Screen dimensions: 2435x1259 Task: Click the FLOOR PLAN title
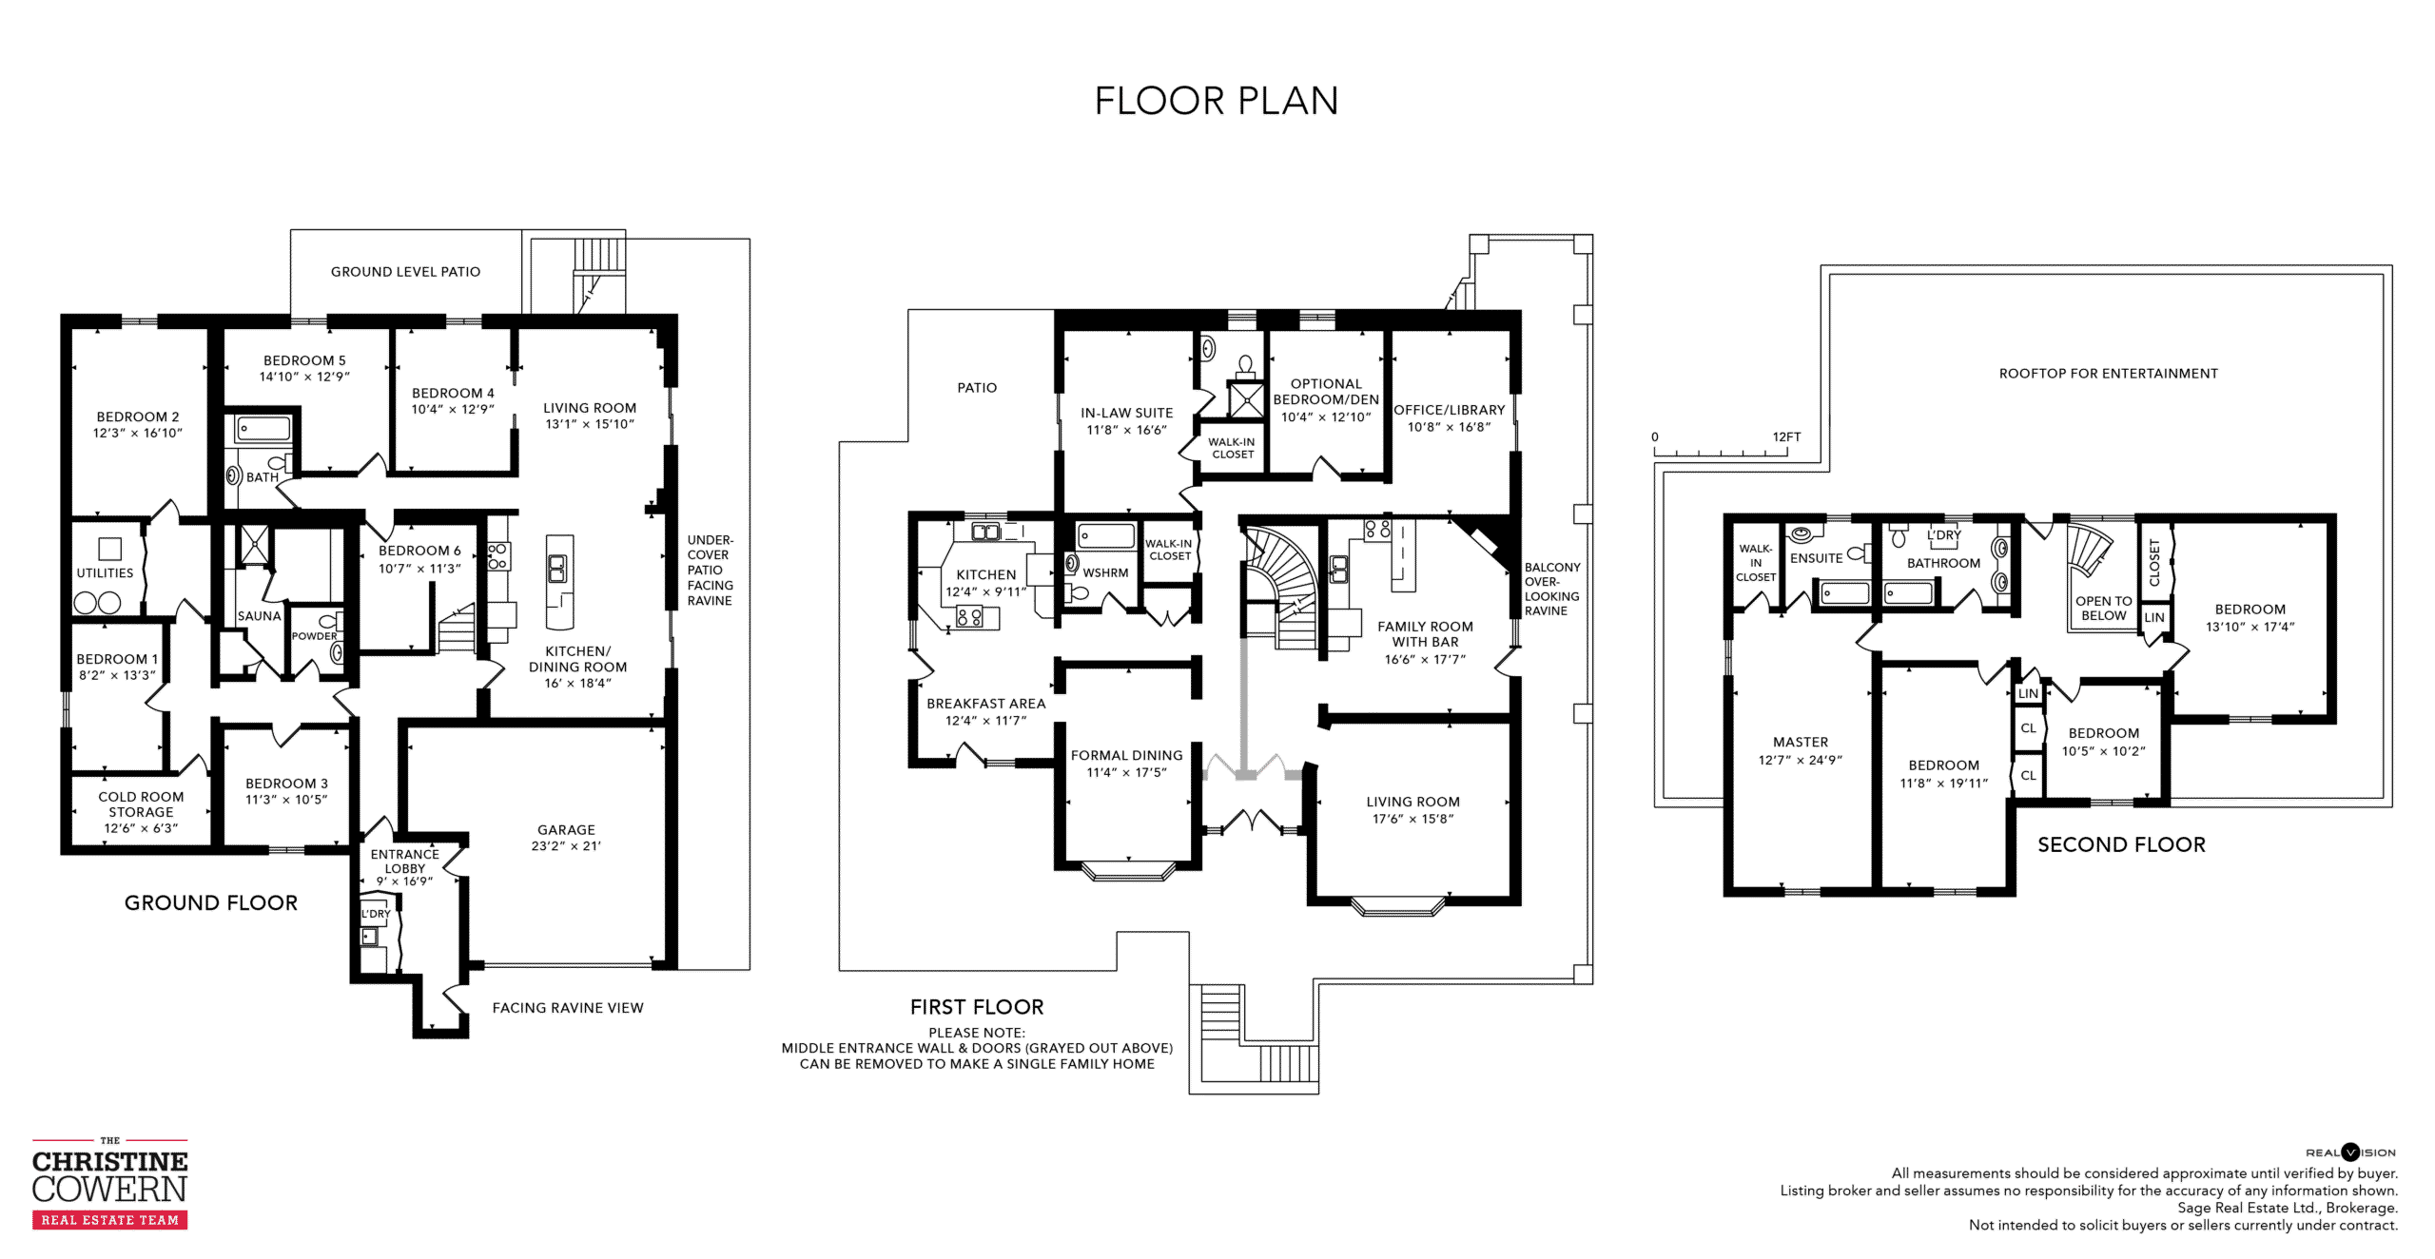(x=1217, y=101)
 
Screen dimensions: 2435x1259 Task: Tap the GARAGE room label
(x=566, y=829)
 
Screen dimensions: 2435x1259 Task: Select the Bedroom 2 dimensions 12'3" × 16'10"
(x=137, y=433)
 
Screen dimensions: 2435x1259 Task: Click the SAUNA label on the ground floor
(x=260, y=616)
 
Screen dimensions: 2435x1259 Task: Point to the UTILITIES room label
(x=105, y=573)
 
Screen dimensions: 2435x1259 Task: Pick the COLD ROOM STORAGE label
(x=141, y=804)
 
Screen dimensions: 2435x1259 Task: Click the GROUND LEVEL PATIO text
(x=405, y=272)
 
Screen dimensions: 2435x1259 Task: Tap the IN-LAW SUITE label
(x=1126, y=413)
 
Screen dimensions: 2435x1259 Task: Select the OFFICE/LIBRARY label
(x=1450, y=410)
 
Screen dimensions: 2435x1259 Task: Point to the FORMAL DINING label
(x=1126, y=755)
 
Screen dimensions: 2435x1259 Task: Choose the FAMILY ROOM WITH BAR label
(x=1425, y=634)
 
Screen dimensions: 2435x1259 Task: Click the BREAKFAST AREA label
(x=985, y=704)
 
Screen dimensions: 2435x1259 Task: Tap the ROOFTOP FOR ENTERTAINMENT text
(x=2108, y=374)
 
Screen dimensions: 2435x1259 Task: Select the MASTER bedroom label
(x=1800, y=742)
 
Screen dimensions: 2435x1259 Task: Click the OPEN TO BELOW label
(x=2103, y=609)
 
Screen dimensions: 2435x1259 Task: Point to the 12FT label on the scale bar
(x=1786, y=437)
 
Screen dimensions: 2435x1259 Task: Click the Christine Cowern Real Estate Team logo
(x=109, y=1183)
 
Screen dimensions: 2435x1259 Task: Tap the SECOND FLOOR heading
(x=2121, y=844)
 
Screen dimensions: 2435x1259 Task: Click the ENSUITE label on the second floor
(x=1816, y=558)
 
